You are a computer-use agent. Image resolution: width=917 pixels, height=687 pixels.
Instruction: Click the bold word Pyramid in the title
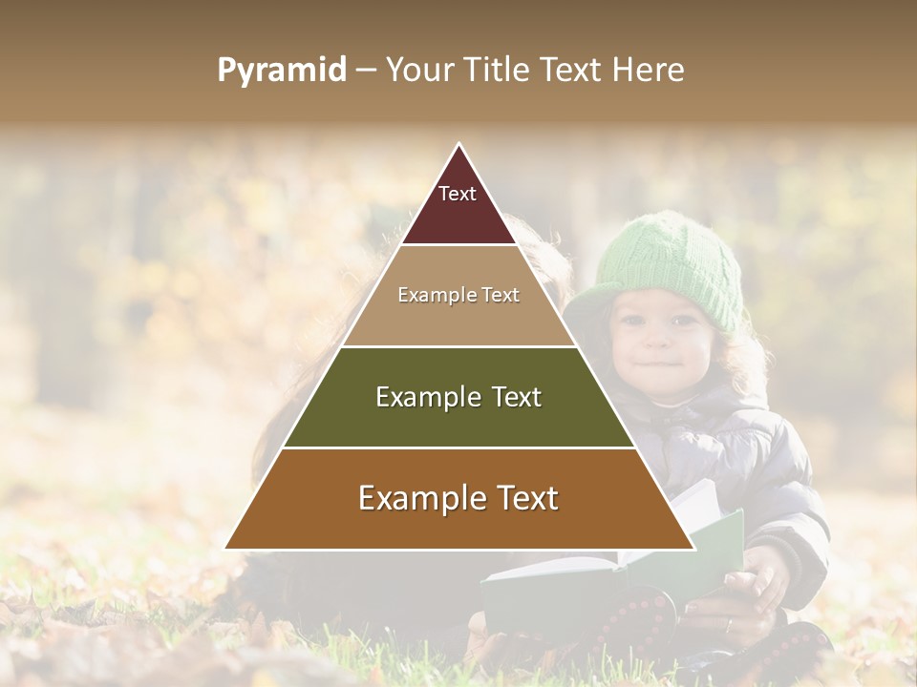[282, 70]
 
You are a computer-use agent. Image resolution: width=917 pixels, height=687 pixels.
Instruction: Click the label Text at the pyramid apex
[458, 194]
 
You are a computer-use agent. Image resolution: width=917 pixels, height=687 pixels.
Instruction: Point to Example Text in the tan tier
[458, 295]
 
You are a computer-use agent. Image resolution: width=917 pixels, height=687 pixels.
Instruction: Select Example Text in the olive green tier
[458, 397]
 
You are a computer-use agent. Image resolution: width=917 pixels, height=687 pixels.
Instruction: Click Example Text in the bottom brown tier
[458, 498]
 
